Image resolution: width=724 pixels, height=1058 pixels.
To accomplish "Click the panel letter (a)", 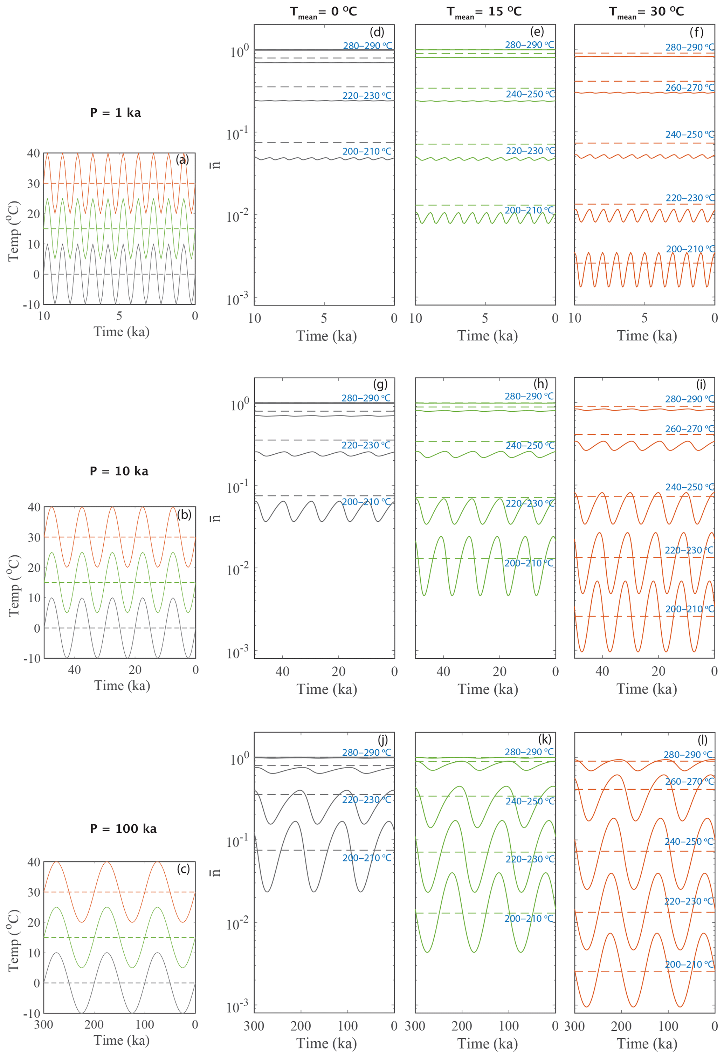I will pyautogui.click(x=182, y=160).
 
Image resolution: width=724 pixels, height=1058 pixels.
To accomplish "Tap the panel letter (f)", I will pyautogui.click(x=696, y=32).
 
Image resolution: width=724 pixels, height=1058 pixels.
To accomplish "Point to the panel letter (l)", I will pyautogui.click(x=703, y=739).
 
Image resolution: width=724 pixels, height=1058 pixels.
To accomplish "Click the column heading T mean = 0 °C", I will pyautogui.click(x=324, y=12).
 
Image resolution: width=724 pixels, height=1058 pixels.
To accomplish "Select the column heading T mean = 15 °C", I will pyautogui.click(x=484, y=12).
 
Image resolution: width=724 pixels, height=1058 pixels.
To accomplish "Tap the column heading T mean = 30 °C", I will pyautogui.click(x=646, y=12).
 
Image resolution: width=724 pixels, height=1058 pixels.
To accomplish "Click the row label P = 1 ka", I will pyautogui.click(x=116, y=112).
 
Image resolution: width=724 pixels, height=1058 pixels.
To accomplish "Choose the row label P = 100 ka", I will pyautogui.click(x=123, y=828).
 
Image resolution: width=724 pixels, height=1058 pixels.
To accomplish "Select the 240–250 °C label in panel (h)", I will pyautogui.click(x=530, y=445).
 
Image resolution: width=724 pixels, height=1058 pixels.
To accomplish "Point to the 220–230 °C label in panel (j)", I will pyautogui.click(x=366, y=799).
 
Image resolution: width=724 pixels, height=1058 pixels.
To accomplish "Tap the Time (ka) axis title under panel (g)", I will pyautogui.click(x=327, y=689).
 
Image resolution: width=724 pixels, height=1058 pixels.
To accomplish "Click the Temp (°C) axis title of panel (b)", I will pyautogui.click(x=14, y=585).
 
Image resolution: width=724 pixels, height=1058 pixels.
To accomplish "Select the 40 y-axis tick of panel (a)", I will pyautogui.click(x=33, y=153).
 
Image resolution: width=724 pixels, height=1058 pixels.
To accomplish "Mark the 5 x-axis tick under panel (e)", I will pyautogui.click(x=485, y=318).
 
